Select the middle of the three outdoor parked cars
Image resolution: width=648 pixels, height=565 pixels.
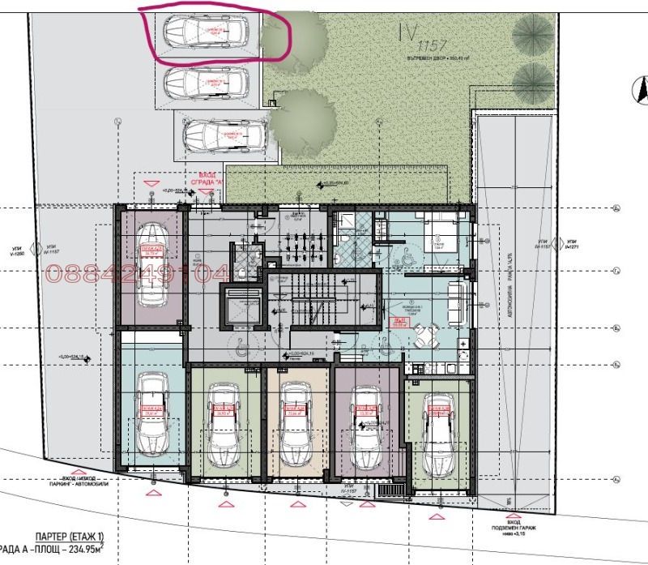(x=206, y=81)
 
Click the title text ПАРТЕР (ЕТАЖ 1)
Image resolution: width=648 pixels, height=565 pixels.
(x=68, y=537)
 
